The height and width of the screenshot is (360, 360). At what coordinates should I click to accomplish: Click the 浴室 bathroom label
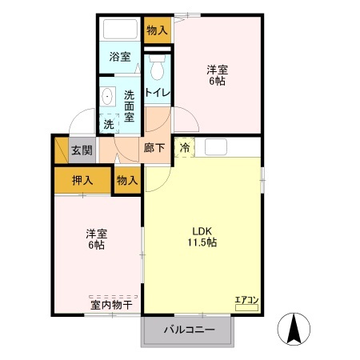121,58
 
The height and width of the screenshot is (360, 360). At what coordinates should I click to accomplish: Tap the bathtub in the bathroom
121,32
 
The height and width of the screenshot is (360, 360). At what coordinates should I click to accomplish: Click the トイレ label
158,92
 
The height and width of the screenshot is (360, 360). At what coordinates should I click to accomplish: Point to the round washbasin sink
109,96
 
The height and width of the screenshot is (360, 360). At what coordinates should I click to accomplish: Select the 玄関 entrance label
81,150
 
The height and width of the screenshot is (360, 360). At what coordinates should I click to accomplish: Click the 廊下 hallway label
154,147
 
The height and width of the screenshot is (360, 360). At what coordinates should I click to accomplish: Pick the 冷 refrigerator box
184,147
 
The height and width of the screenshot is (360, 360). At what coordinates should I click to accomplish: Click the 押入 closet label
82,179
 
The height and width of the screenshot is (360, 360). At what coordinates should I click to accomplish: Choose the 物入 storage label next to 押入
127,179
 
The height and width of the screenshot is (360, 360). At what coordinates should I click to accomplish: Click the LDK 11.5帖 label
202,237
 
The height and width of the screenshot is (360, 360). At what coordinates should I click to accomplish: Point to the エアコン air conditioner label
246,301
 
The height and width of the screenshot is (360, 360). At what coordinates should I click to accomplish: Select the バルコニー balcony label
189,330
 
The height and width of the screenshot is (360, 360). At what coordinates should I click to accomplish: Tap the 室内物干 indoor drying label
111,304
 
